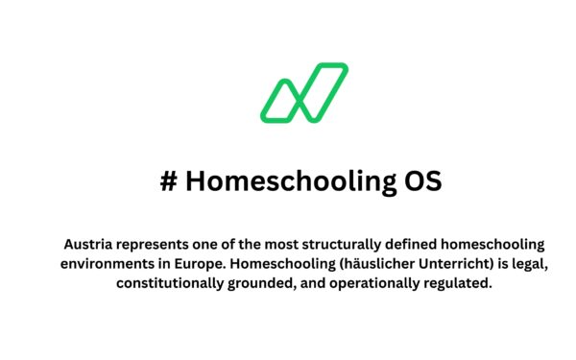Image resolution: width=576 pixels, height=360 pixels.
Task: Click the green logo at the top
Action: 303,93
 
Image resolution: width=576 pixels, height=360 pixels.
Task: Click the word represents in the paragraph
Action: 156,245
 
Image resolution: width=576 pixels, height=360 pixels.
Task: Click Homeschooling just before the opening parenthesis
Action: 277,264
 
